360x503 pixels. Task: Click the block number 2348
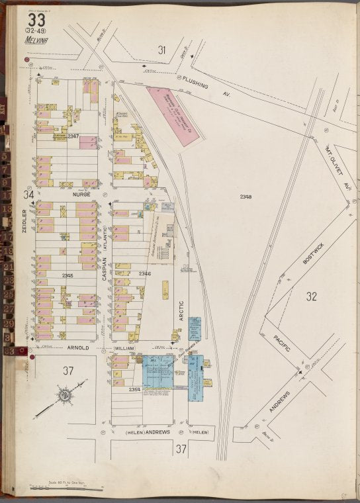click(246, 197)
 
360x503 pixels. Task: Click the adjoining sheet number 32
click(312, 296)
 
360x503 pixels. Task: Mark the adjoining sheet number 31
click(162, 49)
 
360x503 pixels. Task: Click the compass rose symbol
click(65, 396)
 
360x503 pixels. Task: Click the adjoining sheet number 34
click(28, 195)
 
